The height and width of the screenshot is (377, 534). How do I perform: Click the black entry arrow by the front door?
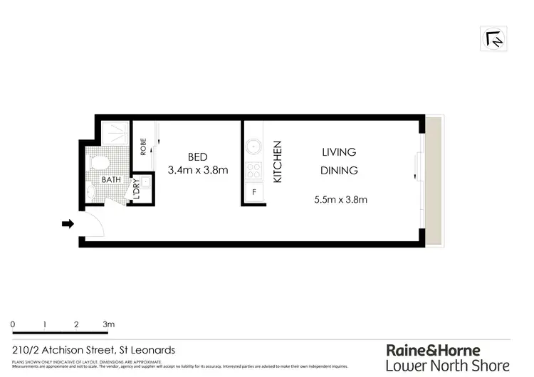click(x=68, y=224)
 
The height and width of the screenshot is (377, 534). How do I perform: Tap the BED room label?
click(x=197, y=156)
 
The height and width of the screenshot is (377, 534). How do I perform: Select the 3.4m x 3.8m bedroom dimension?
click(x=197, y=171)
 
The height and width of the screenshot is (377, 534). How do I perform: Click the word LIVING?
click(x=338, y=152)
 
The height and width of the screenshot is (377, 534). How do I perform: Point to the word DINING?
click(x=339, y=171)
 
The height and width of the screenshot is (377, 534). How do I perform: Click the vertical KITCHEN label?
click(x=278, y=162)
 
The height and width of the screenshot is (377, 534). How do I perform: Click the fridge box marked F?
click(x=253, y=193)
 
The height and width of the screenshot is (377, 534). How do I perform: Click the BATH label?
click(x=112, y=180)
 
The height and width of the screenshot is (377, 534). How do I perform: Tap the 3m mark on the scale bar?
click(x=109, y=324)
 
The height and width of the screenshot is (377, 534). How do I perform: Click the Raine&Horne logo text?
click(x=433, y=350)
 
